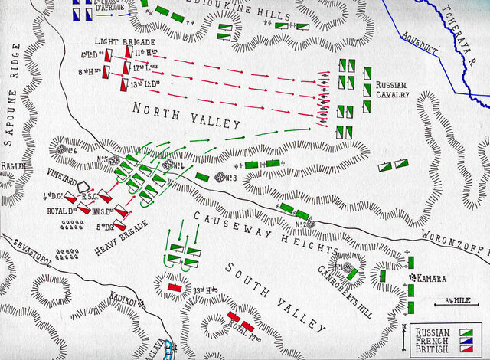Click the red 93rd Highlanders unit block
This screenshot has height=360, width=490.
tap(174, 287)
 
